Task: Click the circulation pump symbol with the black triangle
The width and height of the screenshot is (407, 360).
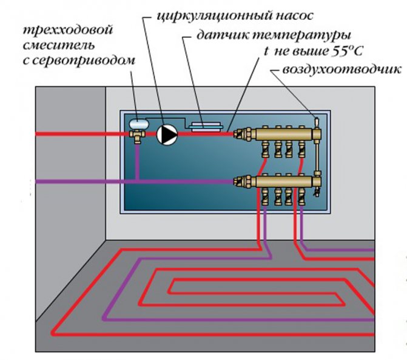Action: (x=166, y=135)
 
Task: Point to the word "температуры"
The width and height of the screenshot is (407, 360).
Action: (x=299, y=35)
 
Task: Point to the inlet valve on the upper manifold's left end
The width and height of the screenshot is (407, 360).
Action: (x=243, y=132)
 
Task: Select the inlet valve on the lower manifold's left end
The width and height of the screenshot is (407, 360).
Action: (x=243, y=179)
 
